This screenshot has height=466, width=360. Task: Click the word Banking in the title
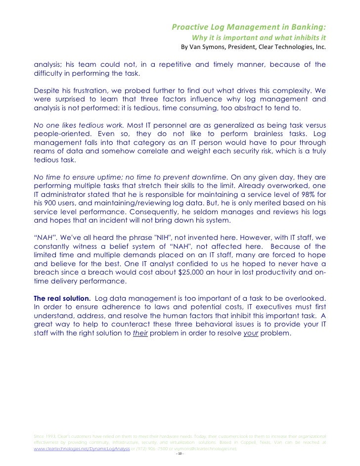click(x=307, y=26)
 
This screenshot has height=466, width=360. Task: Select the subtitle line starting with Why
click(x=259, y=38)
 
